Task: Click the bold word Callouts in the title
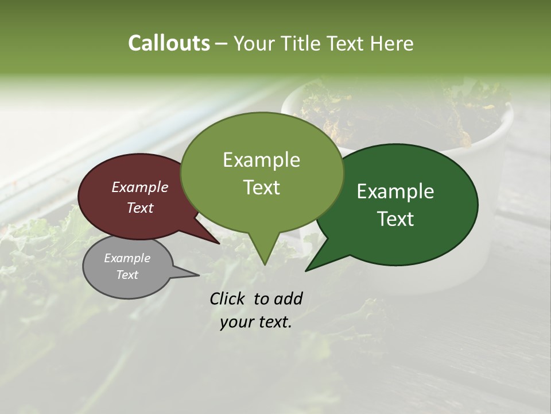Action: [169, 43]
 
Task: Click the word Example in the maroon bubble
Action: [140, 187]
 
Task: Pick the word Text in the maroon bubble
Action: [140, 208]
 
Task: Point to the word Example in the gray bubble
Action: [127, 258]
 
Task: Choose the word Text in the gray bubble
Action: [127, 275]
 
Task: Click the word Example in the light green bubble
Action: [261, 160]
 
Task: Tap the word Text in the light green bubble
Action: [261, 187]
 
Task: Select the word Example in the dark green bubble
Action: [395, 191]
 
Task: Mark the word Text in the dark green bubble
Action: [395, 219]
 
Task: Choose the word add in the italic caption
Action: [288, 298]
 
